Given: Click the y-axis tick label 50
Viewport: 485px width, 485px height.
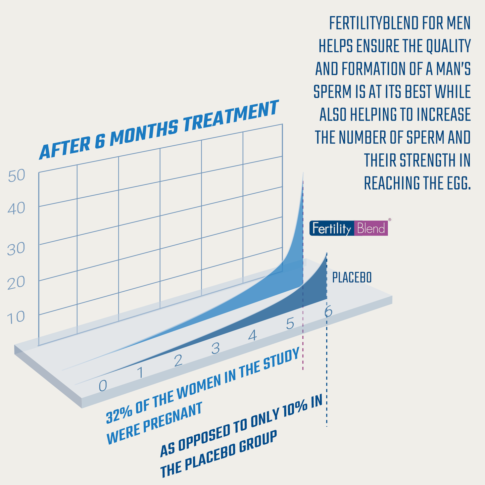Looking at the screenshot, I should pyautogui.click(x=16, y=176).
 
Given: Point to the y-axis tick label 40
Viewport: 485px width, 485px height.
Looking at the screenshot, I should pyautogui.click(x=16, y=209).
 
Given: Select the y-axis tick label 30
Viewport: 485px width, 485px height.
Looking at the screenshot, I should pyautogui.click(x=16, y=249).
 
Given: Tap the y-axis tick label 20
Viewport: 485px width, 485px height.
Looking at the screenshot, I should pyautogui.click(x=16, y=283).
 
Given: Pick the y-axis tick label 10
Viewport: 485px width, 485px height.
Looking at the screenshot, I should pyautogui.click(x=16, y=317).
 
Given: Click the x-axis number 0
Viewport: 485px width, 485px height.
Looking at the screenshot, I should pyautogui.click(x=103, y=386).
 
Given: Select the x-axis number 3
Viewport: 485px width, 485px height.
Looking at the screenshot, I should pyautogui.click(x=215, y=348).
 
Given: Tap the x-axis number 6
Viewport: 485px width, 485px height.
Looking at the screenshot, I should pyautogui.click(x=328, y=312).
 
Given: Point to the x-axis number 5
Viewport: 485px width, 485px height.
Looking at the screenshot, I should pyautogui.click(x=290, y=325).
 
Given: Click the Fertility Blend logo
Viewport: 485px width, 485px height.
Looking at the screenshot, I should pyautogui.click(x=349, y=229).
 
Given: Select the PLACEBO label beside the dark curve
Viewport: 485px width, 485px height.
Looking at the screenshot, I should pyautogui.click(x=352, y=278).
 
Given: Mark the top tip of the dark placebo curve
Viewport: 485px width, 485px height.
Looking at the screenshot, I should pyautogui.click(x=327, y=254).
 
